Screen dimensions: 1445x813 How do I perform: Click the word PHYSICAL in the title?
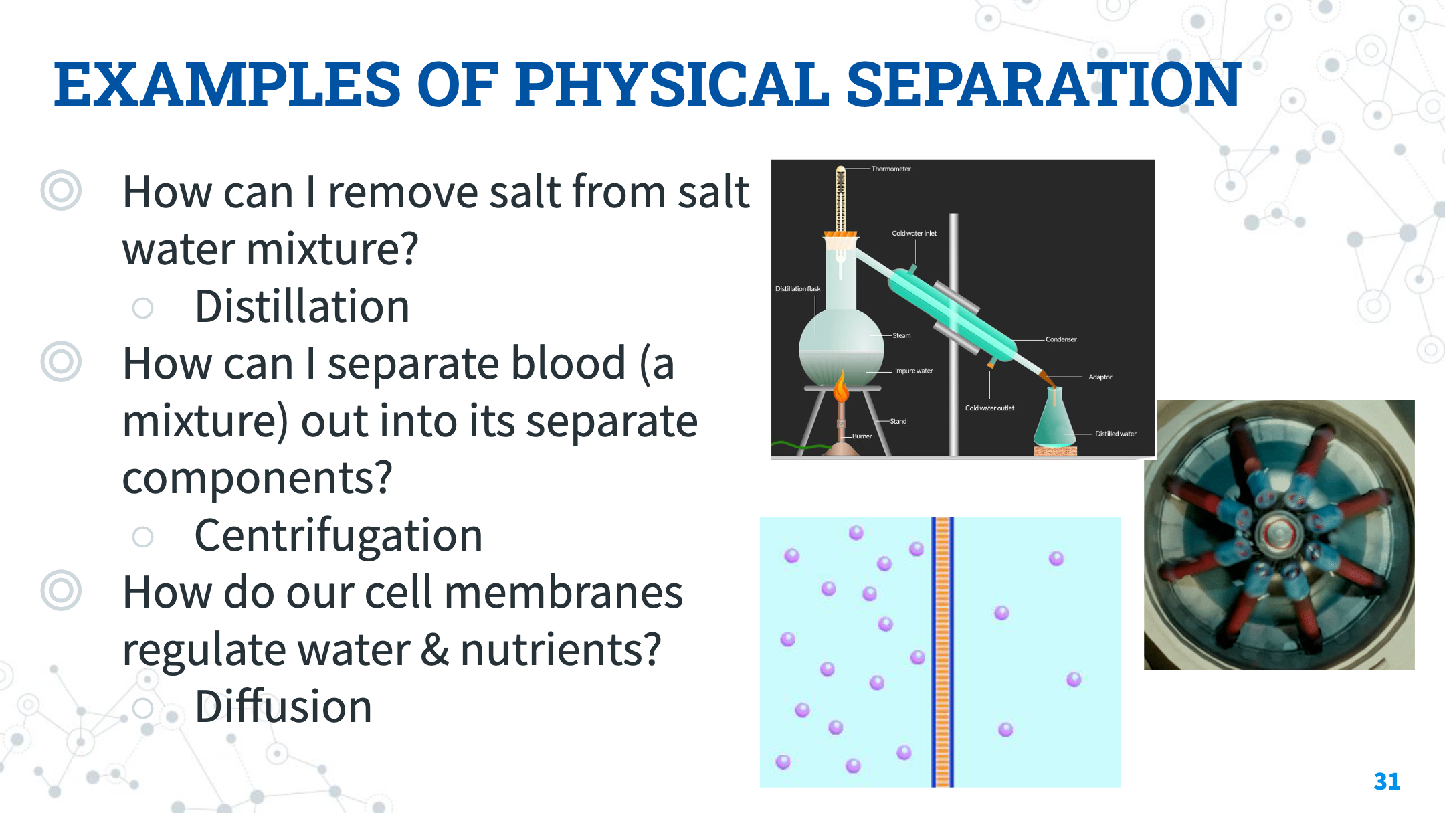(672, 84)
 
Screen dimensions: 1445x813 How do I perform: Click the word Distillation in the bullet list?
(302, 306)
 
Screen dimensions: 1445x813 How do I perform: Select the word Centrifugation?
(339, 536)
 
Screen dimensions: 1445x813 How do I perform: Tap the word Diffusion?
(284, 707)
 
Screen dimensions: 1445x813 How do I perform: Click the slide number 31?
(1387, 781)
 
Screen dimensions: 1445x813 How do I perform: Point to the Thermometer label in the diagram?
(890, 169)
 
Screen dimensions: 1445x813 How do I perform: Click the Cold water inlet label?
(914, 233)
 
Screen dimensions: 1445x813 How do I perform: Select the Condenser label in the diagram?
(1061, 339)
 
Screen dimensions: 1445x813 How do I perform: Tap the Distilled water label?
(1115, 434)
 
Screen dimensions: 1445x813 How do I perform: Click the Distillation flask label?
(797, 289)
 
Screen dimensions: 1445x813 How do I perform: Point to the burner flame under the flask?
(842, 387)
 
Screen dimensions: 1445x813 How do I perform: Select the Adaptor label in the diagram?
(1100, 377)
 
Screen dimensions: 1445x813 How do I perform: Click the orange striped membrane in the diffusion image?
(943, 652)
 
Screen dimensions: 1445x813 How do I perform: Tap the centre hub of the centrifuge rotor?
(1278, 534)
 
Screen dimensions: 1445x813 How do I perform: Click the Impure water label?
(914, 371)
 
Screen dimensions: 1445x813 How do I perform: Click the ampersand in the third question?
(435, 650)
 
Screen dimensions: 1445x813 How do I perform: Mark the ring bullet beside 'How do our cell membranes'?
(61, 590)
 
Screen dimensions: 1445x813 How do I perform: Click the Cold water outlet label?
(989, 408)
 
